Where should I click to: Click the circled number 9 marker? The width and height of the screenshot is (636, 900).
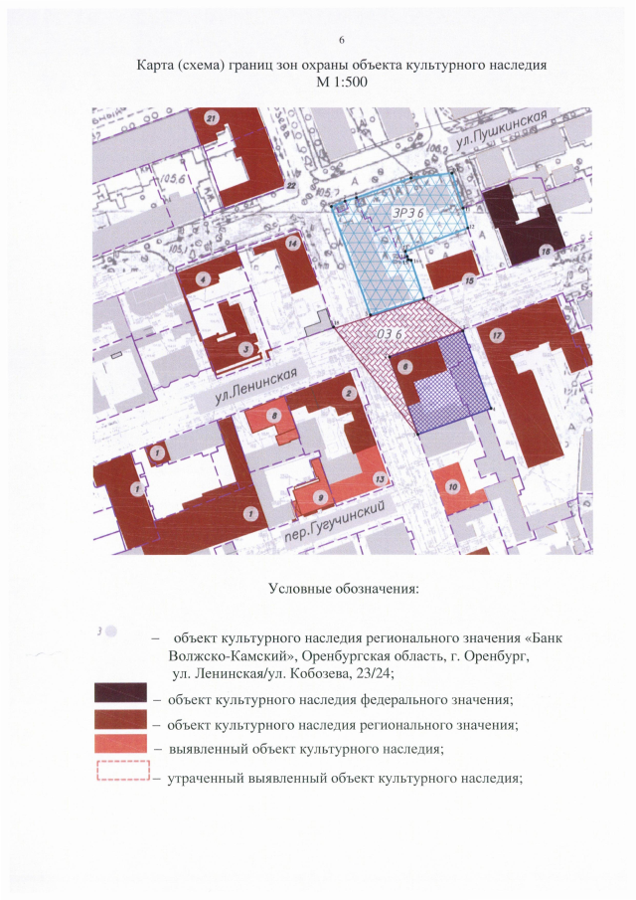318,497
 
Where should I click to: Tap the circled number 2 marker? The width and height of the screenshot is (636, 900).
349,394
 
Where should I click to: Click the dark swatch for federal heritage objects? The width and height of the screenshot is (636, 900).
121,692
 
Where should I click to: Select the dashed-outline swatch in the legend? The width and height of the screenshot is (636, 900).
123,772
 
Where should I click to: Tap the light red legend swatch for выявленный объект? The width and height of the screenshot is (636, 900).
121,744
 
